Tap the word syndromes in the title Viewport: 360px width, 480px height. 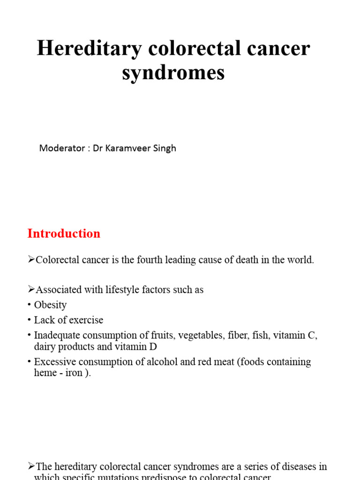173,73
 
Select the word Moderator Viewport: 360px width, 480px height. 60,148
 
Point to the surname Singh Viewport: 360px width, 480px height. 165,148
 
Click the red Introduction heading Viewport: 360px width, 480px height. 64,233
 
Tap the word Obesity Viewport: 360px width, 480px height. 50,305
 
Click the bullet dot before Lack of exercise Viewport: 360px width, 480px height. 29,320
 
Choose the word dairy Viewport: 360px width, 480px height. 45,347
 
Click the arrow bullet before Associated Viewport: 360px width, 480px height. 31,290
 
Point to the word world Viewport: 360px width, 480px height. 300,260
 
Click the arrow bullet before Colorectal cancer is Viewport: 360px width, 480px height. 31,260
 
